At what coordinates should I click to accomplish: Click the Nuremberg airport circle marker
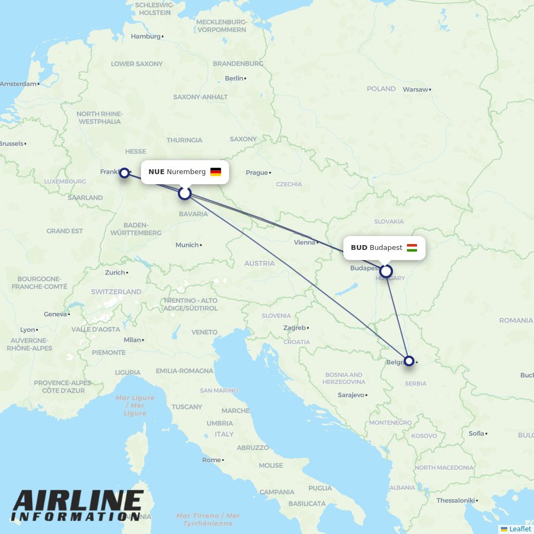coord(185,193)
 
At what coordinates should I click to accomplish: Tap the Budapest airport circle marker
coord(386,271)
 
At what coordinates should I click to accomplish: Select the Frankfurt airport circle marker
coord(124,172)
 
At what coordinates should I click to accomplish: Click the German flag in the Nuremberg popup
coord(216,172)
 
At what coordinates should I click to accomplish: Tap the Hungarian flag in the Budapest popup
coord(412,248)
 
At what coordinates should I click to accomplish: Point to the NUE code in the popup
coord(156,172)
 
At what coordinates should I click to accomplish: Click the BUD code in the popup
coord(359,248)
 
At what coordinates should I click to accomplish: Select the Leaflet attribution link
coord(520,529)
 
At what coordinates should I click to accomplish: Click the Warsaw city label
coord(415,89)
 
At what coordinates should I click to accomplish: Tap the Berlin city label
coord(234,78)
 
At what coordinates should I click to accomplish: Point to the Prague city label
coord(256,172)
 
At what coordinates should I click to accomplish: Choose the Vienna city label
coord(304,242)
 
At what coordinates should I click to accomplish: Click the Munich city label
coord(187,245)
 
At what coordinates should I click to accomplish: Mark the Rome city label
coord(211,460)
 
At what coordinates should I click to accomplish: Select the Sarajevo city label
coord(351,395)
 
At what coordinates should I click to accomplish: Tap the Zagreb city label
coord(294,328)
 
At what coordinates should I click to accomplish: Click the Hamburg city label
coord(145,36)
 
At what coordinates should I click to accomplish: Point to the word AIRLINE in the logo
coord(78,500)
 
